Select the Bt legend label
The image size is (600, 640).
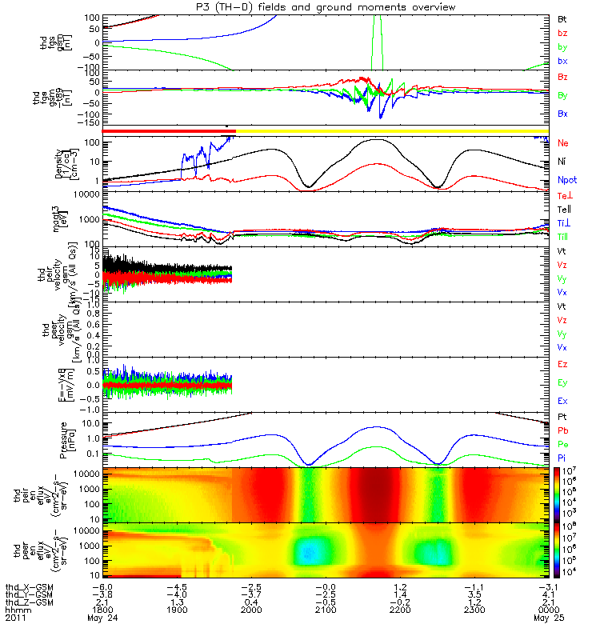click(x=562, y=18)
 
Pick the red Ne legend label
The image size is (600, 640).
click(x=563, y=142)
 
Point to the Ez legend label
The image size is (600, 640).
click(x=563, y=364)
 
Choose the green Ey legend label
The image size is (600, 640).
click(x=563, y=383)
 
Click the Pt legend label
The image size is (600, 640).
click(x=562, y=418)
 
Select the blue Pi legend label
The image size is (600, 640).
click(x=562, y=457)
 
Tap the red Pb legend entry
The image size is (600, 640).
click(x=562, y=430)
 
